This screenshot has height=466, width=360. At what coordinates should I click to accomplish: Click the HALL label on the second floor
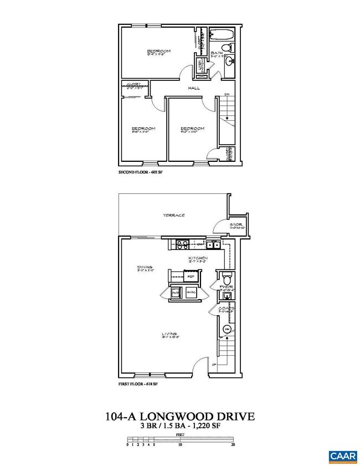tap(194, 88)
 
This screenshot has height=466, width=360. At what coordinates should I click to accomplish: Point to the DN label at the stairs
tap(226, 95)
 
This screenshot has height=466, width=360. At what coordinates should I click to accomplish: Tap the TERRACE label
tap(173, 215)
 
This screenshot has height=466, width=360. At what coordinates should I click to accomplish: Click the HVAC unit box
tap(192, 292)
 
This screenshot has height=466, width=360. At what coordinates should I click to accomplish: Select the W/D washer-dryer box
tap(176, 292)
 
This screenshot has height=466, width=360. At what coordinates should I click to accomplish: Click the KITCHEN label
tap(198, 258)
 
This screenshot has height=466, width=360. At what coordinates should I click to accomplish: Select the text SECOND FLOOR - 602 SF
tap(141, 172)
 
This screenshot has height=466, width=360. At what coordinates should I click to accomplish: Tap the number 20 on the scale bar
tap(234, 444)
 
